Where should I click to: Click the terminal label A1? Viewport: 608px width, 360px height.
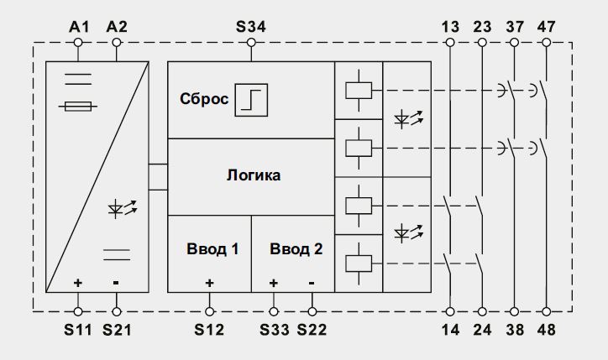point(79,27)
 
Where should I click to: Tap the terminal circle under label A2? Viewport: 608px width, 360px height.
point(117,42)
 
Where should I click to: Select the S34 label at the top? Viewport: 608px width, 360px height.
point(251,27)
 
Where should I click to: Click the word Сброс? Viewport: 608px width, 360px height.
point(204,99)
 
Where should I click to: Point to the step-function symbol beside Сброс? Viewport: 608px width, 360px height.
point(251,100)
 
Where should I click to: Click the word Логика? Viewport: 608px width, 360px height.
point(254,175)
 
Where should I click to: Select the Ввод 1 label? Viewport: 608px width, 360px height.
point(212,248)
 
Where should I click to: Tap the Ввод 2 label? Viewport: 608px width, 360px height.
point(296,248)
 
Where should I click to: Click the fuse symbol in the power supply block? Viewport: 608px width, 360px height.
point(78,107)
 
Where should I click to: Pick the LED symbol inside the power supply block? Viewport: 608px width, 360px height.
point(123,208)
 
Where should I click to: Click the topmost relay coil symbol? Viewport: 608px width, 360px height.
point(359,91)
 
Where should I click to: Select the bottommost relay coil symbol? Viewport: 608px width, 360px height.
point(359,263)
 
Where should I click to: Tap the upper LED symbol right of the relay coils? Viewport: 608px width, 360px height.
point(408,118)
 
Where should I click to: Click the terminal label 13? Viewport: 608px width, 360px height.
point(450,27)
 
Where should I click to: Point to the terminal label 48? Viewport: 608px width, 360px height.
point(547,330)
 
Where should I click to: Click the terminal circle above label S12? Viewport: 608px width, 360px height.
point(209,311)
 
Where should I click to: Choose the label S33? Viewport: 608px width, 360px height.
point(274,330)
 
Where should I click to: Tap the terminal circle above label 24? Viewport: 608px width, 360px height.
point(482,311)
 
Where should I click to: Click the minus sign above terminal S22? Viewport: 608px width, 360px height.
point(312,284)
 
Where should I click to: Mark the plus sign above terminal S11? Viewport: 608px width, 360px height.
point(78,283)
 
